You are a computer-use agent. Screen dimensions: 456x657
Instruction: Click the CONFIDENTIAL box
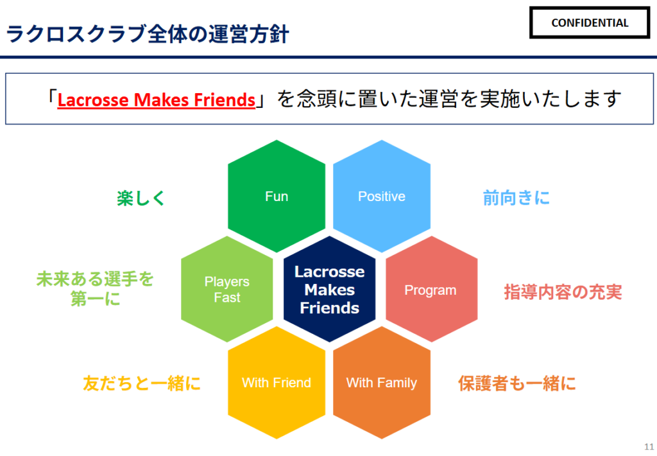pyautogui.click(x=590, y=23)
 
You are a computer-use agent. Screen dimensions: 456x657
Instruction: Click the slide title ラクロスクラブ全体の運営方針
pyautogui.click(x=147, y=33)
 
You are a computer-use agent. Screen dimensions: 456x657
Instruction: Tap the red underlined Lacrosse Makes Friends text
pyautogui.click(x=157, y=100)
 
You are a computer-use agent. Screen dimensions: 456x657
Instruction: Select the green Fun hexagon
pyautogui.click(x=277, y=197)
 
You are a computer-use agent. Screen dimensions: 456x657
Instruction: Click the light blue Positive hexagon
pyautogui.click(x=382, y=197)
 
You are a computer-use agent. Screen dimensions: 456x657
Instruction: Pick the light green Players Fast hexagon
pyautogui.click(x=227, y=290)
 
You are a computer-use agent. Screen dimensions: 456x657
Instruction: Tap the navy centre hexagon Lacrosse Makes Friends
pyautogui.click(x=329, y=290)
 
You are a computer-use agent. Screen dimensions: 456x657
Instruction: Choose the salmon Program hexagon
pyautogui.click(x=431, y=290)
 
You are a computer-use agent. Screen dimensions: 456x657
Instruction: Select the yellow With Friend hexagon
pyautogui.click(x=277, y=383)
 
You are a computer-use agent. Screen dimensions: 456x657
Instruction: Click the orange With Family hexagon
pyautogui.click(x=382, y=383)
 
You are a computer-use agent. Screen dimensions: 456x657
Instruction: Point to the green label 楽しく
pyautogui.click(x=141, y=198)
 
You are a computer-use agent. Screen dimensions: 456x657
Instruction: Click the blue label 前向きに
pyautogui.click(x=516, y=198)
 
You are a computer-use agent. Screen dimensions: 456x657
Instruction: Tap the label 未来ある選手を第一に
pyautogui.click(x=96, y=289)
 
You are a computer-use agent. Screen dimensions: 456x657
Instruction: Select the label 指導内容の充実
pyautogui.click(x=563, y=292)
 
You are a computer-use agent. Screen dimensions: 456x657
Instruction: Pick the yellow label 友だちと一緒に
pyautogui.click(x=142, y=384)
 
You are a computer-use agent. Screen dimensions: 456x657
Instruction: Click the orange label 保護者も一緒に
pyautogui.click(x=516, y=384)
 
